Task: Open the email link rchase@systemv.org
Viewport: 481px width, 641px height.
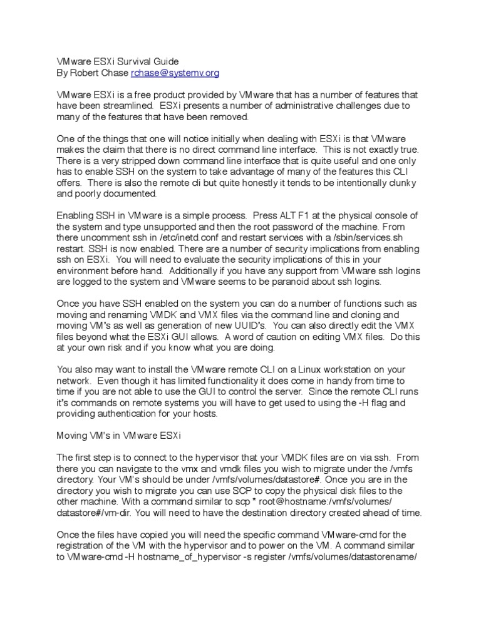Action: [x=175, y=73]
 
